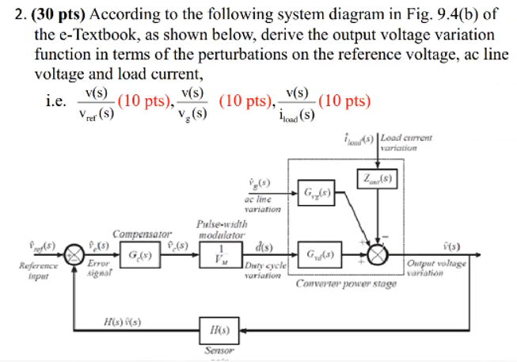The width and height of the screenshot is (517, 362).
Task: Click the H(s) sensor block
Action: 216,329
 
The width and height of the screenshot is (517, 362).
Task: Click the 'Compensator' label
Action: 136,234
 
